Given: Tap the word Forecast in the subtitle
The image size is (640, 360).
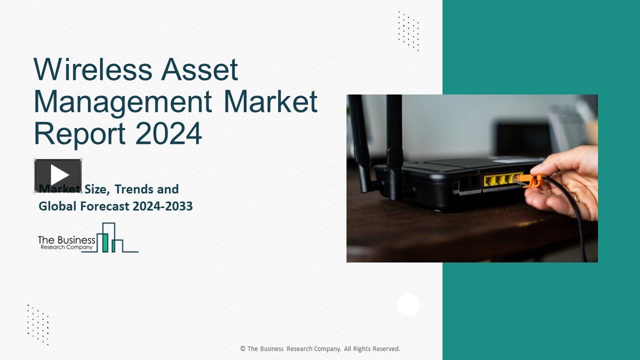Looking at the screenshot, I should tap(102, 206).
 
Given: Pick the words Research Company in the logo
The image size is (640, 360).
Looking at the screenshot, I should tap(66, 247).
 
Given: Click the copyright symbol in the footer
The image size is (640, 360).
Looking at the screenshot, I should tap(243, 349).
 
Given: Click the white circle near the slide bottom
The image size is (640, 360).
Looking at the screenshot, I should tap(408, 304).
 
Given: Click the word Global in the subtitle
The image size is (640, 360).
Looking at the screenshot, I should tap(57, 206).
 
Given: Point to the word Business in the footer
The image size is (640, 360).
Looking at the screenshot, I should tap(271, 349).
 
